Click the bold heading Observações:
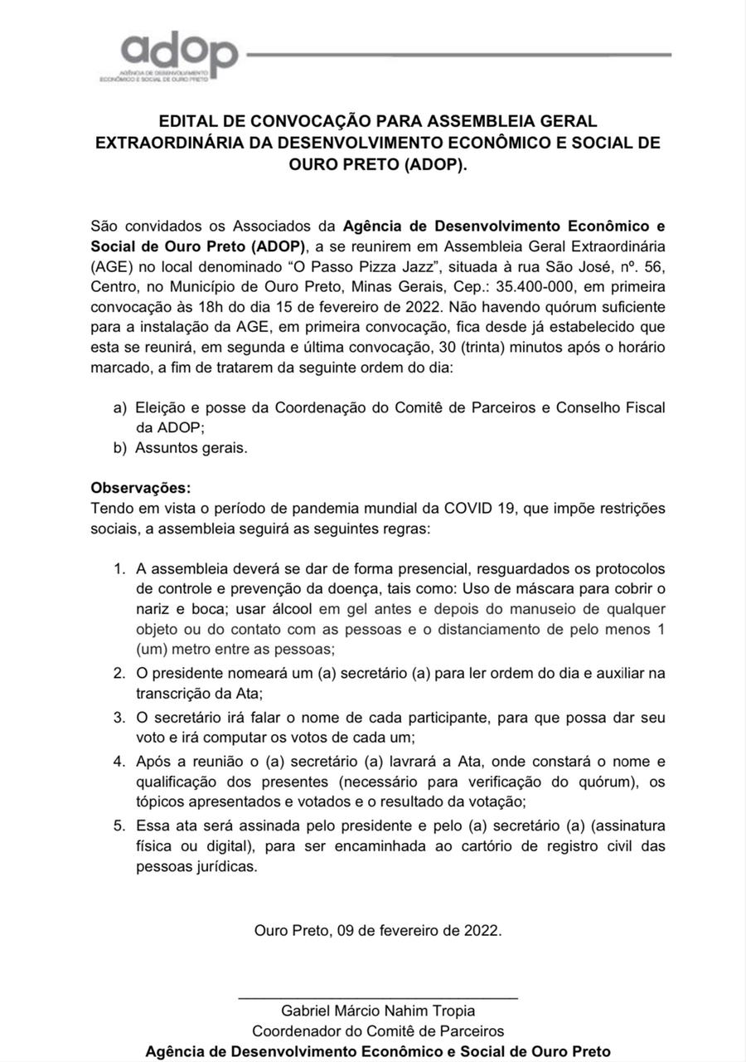[x=140, y=487]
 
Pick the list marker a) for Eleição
[x=120, y=407]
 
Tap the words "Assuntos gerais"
[x=191, y=448]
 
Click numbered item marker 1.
[x=119, y=569]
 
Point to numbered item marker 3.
[x=119, y=717]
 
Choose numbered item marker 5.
[x=119, y=826]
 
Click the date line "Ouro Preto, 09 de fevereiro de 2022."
[x=378, y=930]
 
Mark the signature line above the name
[x=378, y=997]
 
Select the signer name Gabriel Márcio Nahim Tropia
[x=378, y=1011]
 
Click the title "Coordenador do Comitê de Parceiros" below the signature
[x=378, y=1031]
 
